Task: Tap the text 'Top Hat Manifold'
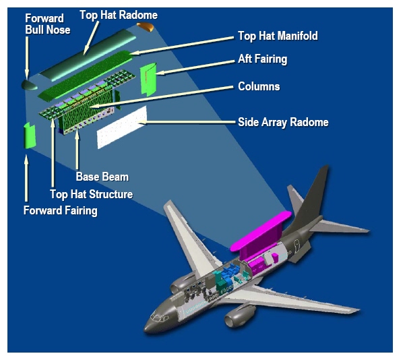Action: [277, 36]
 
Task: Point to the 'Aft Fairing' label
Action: [262, 59]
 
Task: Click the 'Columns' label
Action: [259, 87]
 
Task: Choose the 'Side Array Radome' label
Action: [283, 122]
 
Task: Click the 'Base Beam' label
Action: [102, 177]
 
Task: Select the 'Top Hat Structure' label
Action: [92, 194]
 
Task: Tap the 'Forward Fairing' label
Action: [61, 211]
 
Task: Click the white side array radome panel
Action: [123, 126]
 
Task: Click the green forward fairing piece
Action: [29, 136]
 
